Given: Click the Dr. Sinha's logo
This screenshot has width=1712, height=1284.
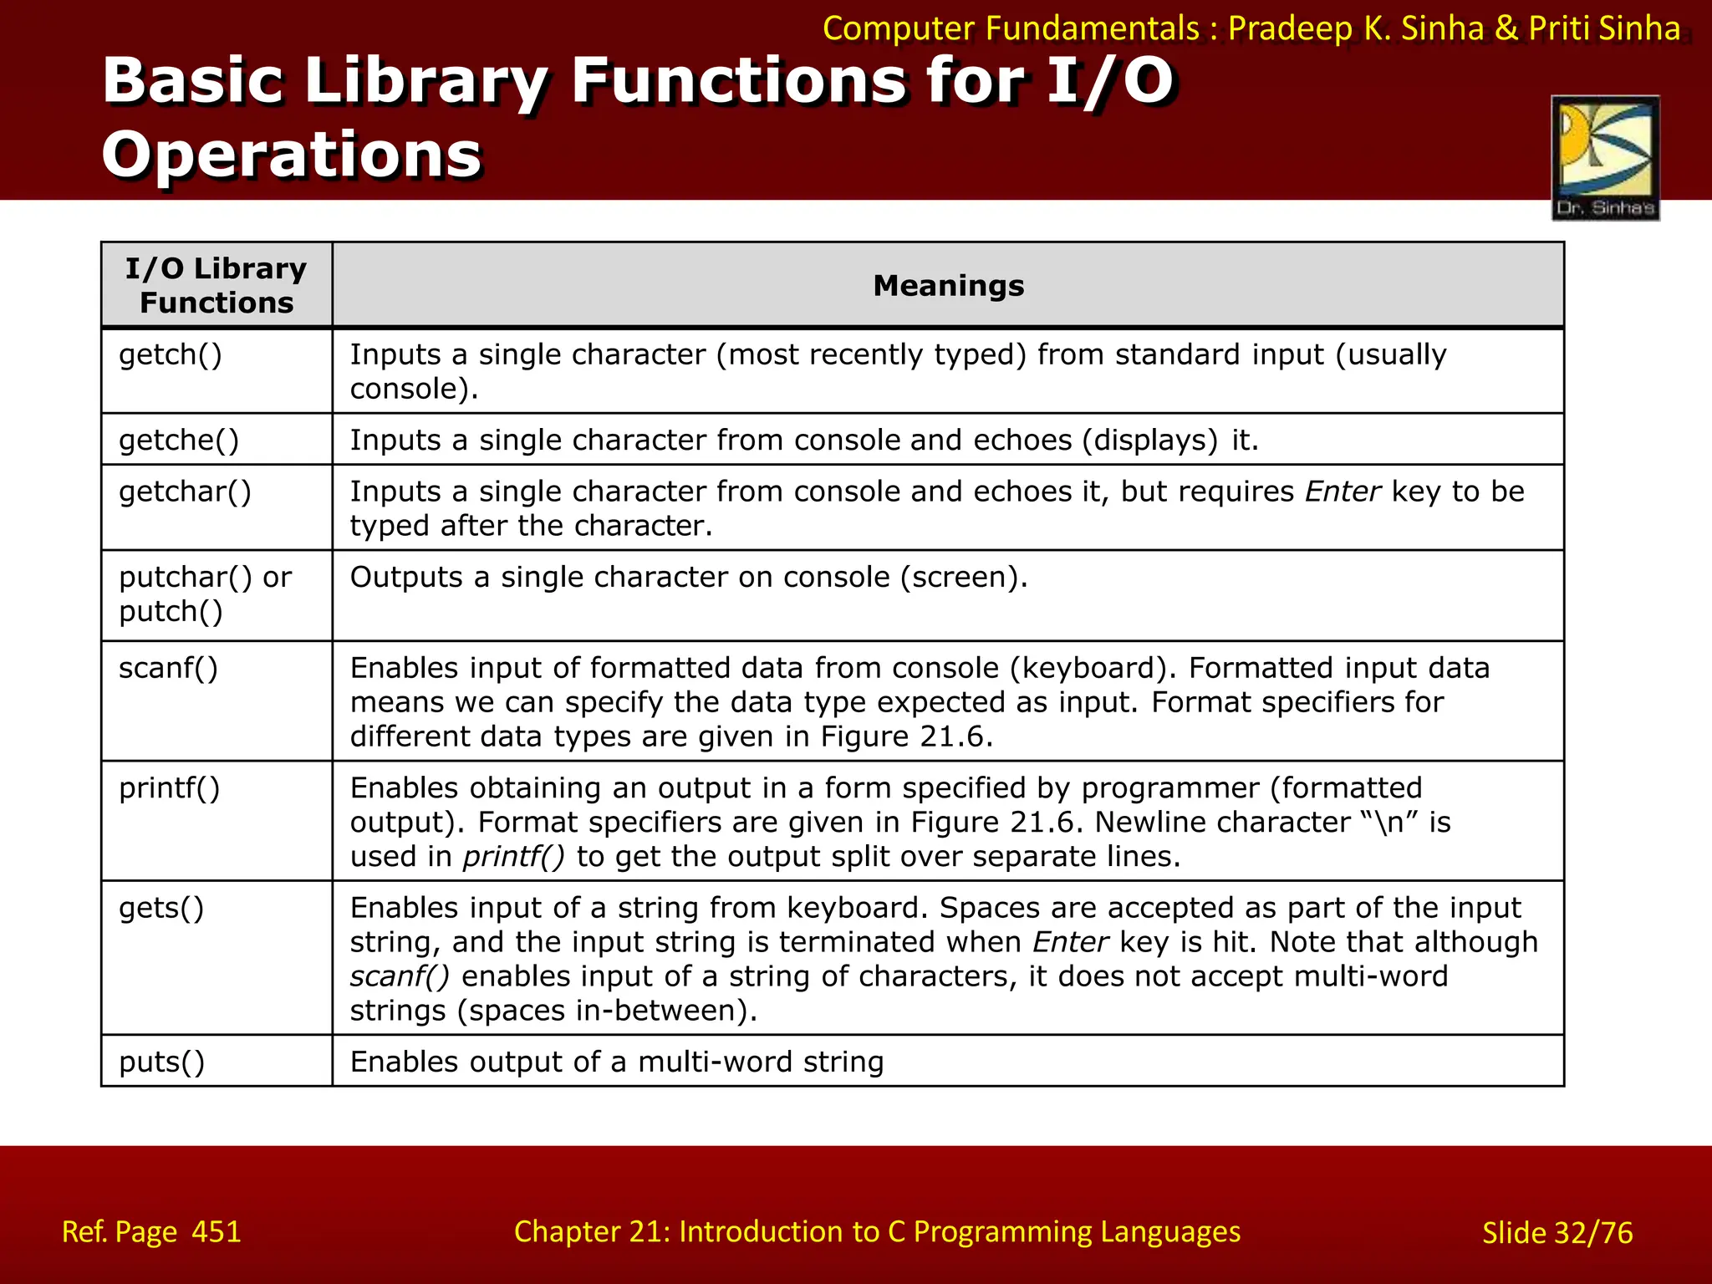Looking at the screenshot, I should (1605, 158).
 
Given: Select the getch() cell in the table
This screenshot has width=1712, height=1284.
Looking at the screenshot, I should (171, 355).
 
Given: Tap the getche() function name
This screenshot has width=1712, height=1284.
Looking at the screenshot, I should (179, 441).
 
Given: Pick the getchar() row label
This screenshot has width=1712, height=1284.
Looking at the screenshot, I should (185, 492).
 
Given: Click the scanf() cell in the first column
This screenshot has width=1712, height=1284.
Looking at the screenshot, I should (168, 669).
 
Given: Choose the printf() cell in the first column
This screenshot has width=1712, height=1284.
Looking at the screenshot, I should (169, 788).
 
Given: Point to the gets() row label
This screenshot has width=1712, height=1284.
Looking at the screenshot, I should (161, 908).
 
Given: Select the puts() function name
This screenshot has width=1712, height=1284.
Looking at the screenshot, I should (161, 1062).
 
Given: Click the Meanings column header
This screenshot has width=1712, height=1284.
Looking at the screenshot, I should (948, 286).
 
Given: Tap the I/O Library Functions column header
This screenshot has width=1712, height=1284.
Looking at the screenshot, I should (217, 285).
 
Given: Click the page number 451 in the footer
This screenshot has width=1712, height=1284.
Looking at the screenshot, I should (217, 1231).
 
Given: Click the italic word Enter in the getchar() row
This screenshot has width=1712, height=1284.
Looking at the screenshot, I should (1343, 492).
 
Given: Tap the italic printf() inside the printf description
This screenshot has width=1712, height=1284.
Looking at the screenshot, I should (514, 857).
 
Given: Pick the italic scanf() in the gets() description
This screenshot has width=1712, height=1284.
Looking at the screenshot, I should (400, 976).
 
